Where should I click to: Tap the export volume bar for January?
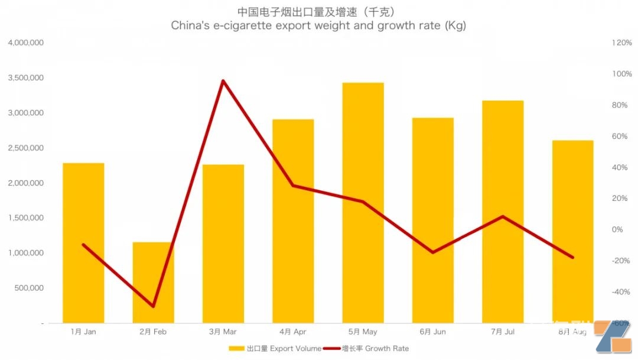[83, 243]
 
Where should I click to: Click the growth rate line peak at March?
[223, 81]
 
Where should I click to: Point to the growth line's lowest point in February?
[153, 306]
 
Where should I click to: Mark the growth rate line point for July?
[503, 216]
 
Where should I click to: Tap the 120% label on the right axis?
[622, 43]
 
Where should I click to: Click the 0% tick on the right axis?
[617, 229]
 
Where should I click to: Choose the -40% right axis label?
[621, 292]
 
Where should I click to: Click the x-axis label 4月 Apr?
[292, 332]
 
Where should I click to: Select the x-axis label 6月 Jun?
[432, 332]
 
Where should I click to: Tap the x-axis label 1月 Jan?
[83, 332]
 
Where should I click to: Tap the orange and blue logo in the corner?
[614, 339]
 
